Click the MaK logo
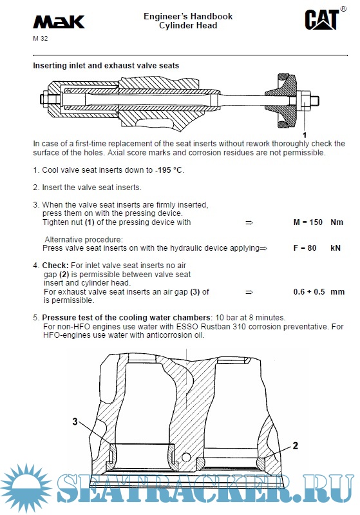59,22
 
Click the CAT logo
323,19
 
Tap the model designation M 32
41,39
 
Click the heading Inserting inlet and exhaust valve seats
106,66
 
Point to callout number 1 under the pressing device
305,135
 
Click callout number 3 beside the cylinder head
75,422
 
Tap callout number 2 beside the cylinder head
296,445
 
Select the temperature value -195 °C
169,170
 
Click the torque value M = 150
308,222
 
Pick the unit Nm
337,222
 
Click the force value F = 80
305,248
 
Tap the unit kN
336,248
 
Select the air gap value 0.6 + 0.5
309,291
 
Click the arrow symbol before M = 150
249,222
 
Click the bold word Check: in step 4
55,266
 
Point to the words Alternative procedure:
84,239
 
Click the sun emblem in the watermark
26,488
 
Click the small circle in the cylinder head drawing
186,457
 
